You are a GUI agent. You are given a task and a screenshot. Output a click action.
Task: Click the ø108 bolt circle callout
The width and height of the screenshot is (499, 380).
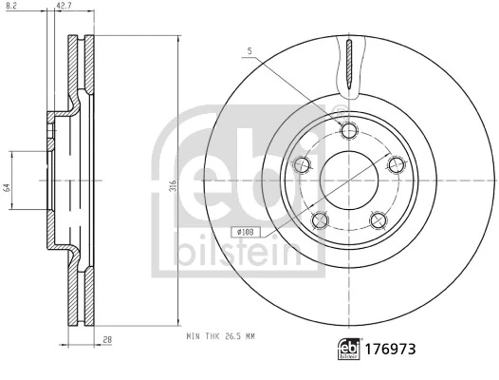tap(244, 230)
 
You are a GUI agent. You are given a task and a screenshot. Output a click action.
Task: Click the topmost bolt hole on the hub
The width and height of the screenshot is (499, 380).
tap(347, 131)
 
